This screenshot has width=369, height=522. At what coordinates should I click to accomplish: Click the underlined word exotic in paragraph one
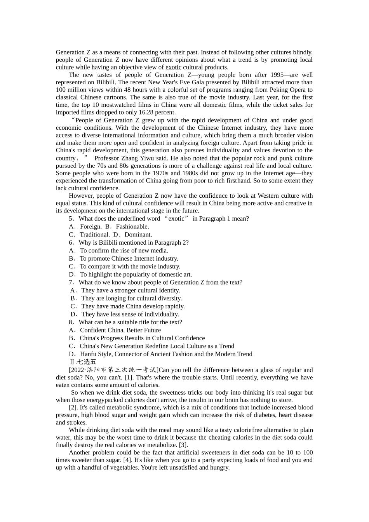[x=173, y=67]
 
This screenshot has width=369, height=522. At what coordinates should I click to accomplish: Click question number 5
[x=71, y=219]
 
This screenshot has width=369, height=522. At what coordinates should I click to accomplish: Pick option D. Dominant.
[x=133, y=235]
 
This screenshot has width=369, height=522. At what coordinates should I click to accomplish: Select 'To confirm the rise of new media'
[x=124, y=251]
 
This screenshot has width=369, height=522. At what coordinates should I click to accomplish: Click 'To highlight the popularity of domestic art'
[x=136, y=275]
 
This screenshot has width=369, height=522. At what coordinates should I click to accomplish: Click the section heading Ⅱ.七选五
[x=82, y=362]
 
